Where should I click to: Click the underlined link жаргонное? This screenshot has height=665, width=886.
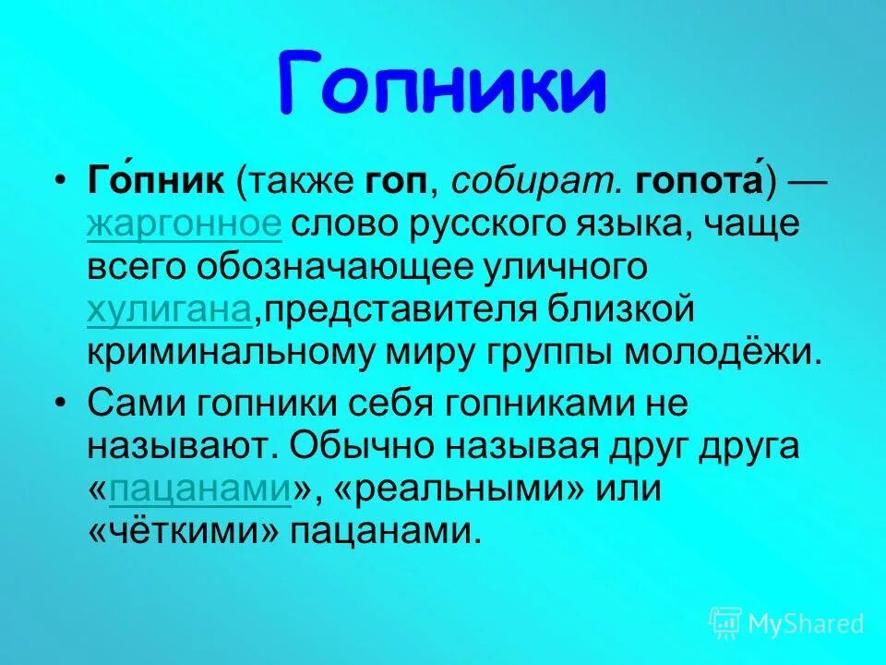[184, 224]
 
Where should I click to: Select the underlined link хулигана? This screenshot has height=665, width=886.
[170, 310]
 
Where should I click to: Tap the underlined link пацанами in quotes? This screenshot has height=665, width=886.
[199, 489]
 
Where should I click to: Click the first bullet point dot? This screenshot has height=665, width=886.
[61, 181]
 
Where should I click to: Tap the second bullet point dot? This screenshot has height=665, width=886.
[61, 403]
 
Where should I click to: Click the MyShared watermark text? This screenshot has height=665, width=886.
[806, 623]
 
